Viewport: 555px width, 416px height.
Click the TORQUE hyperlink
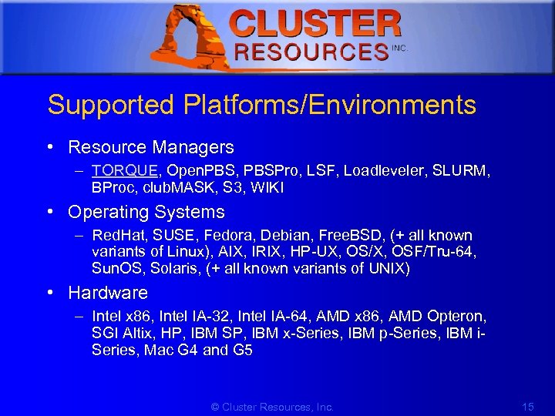tap(124, 170)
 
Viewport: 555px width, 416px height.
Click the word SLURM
tap(461, 170)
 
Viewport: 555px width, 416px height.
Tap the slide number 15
tap(528, 406)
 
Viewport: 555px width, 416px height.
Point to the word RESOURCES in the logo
tap(311, 52)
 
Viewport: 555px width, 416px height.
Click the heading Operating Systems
tap(146, 212)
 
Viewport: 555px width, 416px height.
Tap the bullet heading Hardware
tap(108, 293)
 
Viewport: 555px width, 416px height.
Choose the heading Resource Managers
tap(151, 146)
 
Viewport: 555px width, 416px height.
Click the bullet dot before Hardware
tap(50, 293)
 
